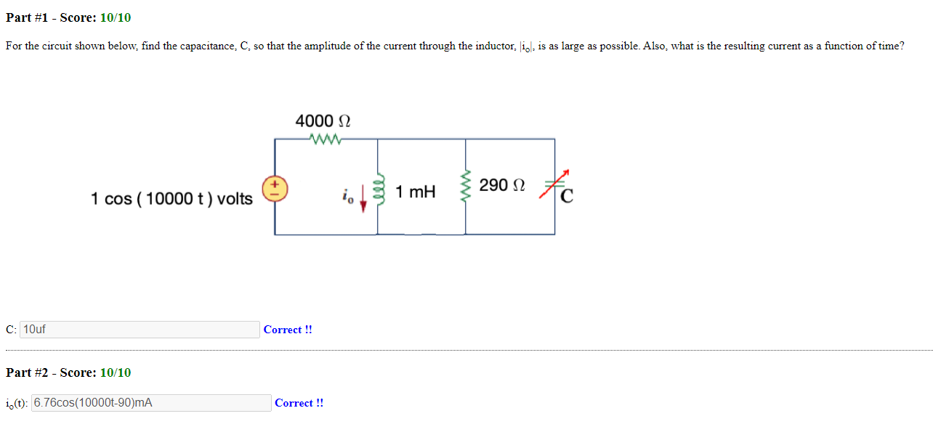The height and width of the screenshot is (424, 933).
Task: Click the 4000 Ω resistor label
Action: click(323, 121)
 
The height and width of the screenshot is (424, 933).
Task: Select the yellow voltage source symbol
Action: click(275, 190)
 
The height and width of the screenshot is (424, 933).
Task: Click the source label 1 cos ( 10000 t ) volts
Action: click(171, 198)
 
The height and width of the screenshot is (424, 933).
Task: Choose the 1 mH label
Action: click(416, 192)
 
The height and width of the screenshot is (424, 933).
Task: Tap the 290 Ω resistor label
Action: click(502, 185)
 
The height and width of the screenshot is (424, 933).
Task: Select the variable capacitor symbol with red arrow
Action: click(554, 186)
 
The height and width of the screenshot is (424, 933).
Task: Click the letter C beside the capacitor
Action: click(568, 195)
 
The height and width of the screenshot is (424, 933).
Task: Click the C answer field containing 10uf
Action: click(140, 330)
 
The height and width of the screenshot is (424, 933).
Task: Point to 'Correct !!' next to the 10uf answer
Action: click(288, 330)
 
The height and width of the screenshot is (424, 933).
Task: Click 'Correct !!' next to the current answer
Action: click(299, 403)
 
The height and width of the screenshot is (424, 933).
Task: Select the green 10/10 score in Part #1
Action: click(116, 17)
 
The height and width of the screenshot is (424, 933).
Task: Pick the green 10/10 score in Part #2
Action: click(116, 372)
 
